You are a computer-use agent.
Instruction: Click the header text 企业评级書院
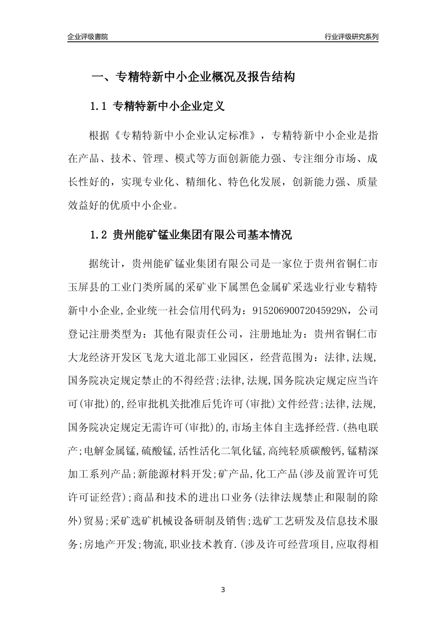click(x=88, y=37)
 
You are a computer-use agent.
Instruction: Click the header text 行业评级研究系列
click(x=351, y=37)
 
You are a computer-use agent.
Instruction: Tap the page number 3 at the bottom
click(x=223, y=589)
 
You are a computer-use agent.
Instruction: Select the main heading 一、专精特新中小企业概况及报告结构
click(x=192, y=77)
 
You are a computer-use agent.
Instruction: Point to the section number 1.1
click(x=99, y=107)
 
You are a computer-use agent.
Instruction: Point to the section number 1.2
click(x=99, y=235)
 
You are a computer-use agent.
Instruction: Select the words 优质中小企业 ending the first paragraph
click(x=146, y=205)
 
